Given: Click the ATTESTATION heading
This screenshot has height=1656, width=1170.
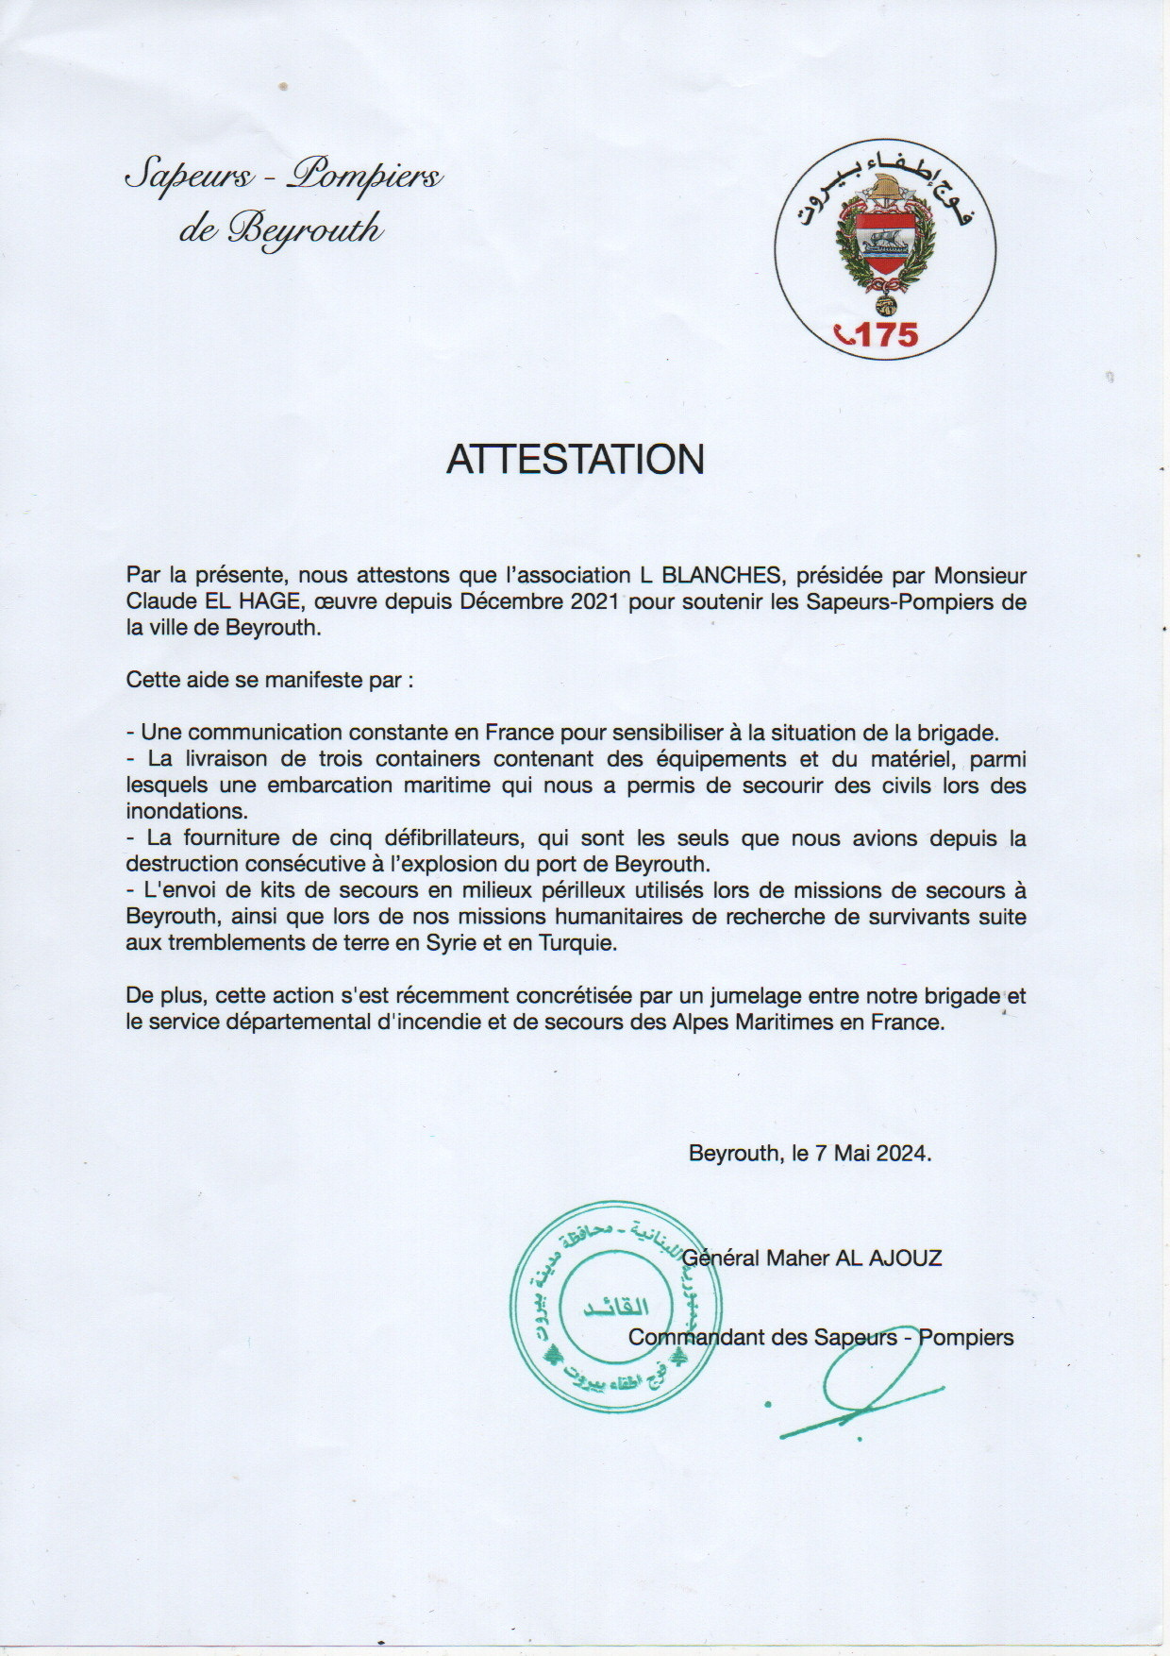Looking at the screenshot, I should [x=576, y=459].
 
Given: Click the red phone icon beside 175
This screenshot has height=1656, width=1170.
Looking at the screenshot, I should [x=844, y=333].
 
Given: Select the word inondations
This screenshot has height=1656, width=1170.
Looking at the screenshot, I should [x=187, y=811].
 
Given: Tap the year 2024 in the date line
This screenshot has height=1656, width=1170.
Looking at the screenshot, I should [x=900, y=1153].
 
